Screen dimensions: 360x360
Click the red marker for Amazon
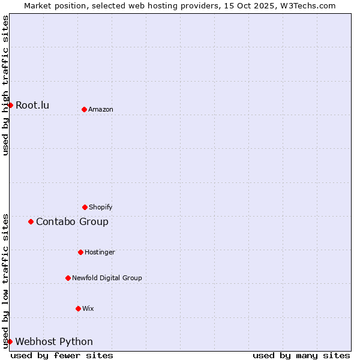tap(84, 109)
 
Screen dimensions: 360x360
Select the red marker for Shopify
tap(85, 207)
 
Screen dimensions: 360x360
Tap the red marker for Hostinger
tap(80, 252)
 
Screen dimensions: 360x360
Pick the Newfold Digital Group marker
tap(68, 278)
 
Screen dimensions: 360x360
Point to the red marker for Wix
tap(78, 308)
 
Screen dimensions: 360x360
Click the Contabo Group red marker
tap(31, 221)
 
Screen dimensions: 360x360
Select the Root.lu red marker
tap(10, 105)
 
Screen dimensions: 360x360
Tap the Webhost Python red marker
tap(10, 341)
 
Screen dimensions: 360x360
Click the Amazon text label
tap(101, 109)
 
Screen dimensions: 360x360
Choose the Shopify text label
tap(101, 207)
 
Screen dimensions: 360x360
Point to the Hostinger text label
tap(100, 252)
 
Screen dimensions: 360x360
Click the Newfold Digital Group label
tap(107, 278)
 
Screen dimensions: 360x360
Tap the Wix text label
tap(88, 308)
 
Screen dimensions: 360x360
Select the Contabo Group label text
tap(72, 221)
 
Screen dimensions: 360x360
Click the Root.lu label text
tap(32, 105)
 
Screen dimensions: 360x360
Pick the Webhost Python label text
tap(54, 341)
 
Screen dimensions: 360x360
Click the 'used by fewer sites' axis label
tap(62, 355)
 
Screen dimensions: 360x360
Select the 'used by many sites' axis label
tap(301, 355)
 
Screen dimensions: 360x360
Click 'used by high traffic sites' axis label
tap(5, 85)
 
